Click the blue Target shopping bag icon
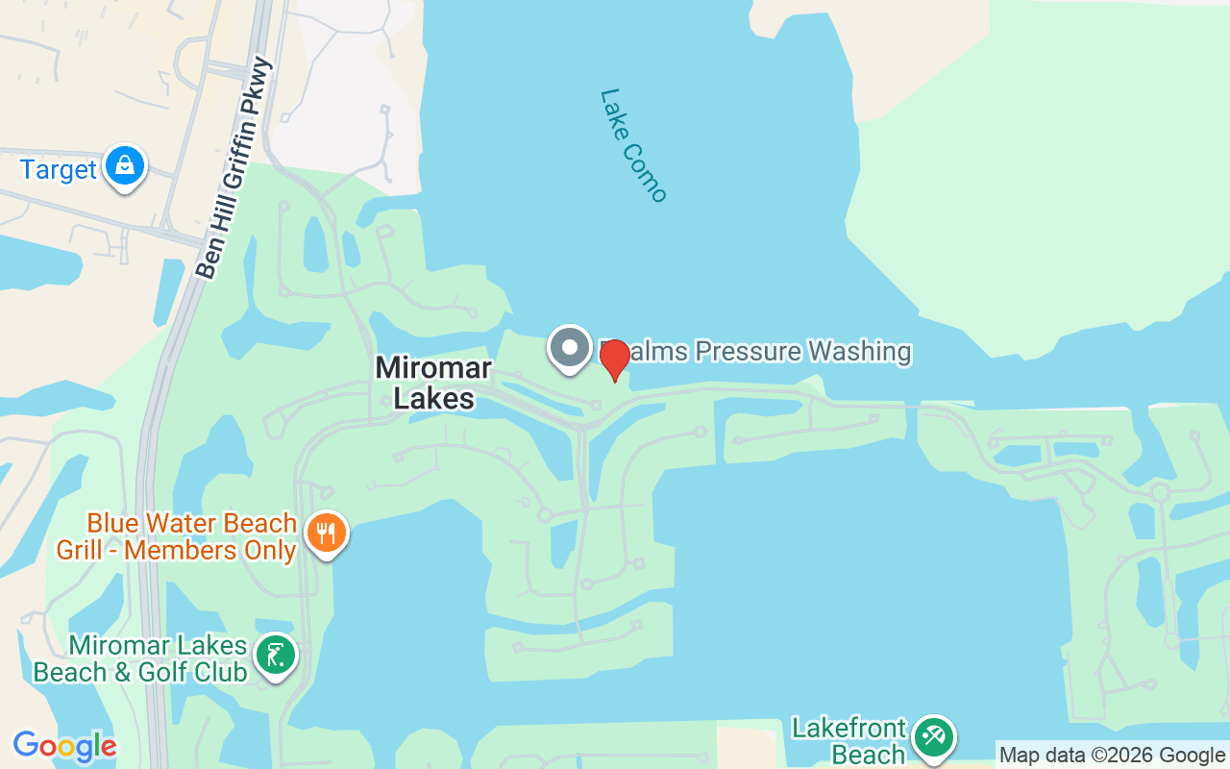coord(125,166)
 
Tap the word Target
coord(59,170)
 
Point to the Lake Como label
coord(632,145)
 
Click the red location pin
coord(614,359)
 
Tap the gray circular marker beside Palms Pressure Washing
coord(570,347)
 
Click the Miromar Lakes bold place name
coord(434,383)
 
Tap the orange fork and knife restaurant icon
coord(327,533)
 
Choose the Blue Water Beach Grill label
coord(191,524)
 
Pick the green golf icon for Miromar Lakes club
coord(276,656)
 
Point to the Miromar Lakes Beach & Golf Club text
coord(140,658)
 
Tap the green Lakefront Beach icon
coord(932,737)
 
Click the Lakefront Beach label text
coord(849,741)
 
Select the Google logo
coord(64,747)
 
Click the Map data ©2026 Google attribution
coord(1112,756)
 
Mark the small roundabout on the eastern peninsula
coord(1160,493)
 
